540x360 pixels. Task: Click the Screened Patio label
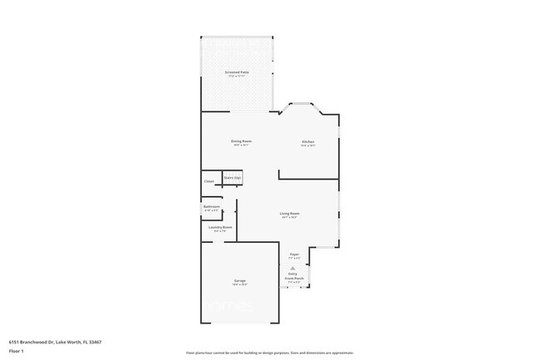pyautogui.click(x=238, y=72)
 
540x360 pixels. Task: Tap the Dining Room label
pyautogui.click(x=241, y=141)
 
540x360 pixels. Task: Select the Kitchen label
pyautogui.click(x=308, y=141)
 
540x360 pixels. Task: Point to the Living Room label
pyautogui.click(x=289, y=214)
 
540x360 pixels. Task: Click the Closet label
pyautogui.click(x=209, y=180)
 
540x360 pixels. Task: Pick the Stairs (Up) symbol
pyautogui.click(x=232, y=177)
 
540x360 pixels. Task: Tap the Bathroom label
pyautogui.click(x=212, y=206)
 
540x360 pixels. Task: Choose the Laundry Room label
pyautogui.click(x=220, y=227)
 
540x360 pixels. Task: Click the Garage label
pyautogui.click(x=239, y=281)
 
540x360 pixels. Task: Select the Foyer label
pyautogui.click(x=294, y=254)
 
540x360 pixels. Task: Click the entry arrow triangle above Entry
pyautogui.click(x=294, y=268)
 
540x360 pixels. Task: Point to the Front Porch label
pyautogui.click(x=294, y=279)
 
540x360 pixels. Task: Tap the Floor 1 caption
pyautogui.click(x=17, y=352)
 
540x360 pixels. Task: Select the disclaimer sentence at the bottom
pyautogui.click(x=270, y=353)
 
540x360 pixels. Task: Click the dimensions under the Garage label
pyautogui.click(x=239, y=285)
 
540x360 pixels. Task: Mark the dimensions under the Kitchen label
pyautogui.click(x=308, y=145)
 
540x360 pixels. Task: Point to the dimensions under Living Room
pyautogui.click(x=289, y=218)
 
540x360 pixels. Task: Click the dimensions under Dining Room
pyautogui.click(x=241, y=145)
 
